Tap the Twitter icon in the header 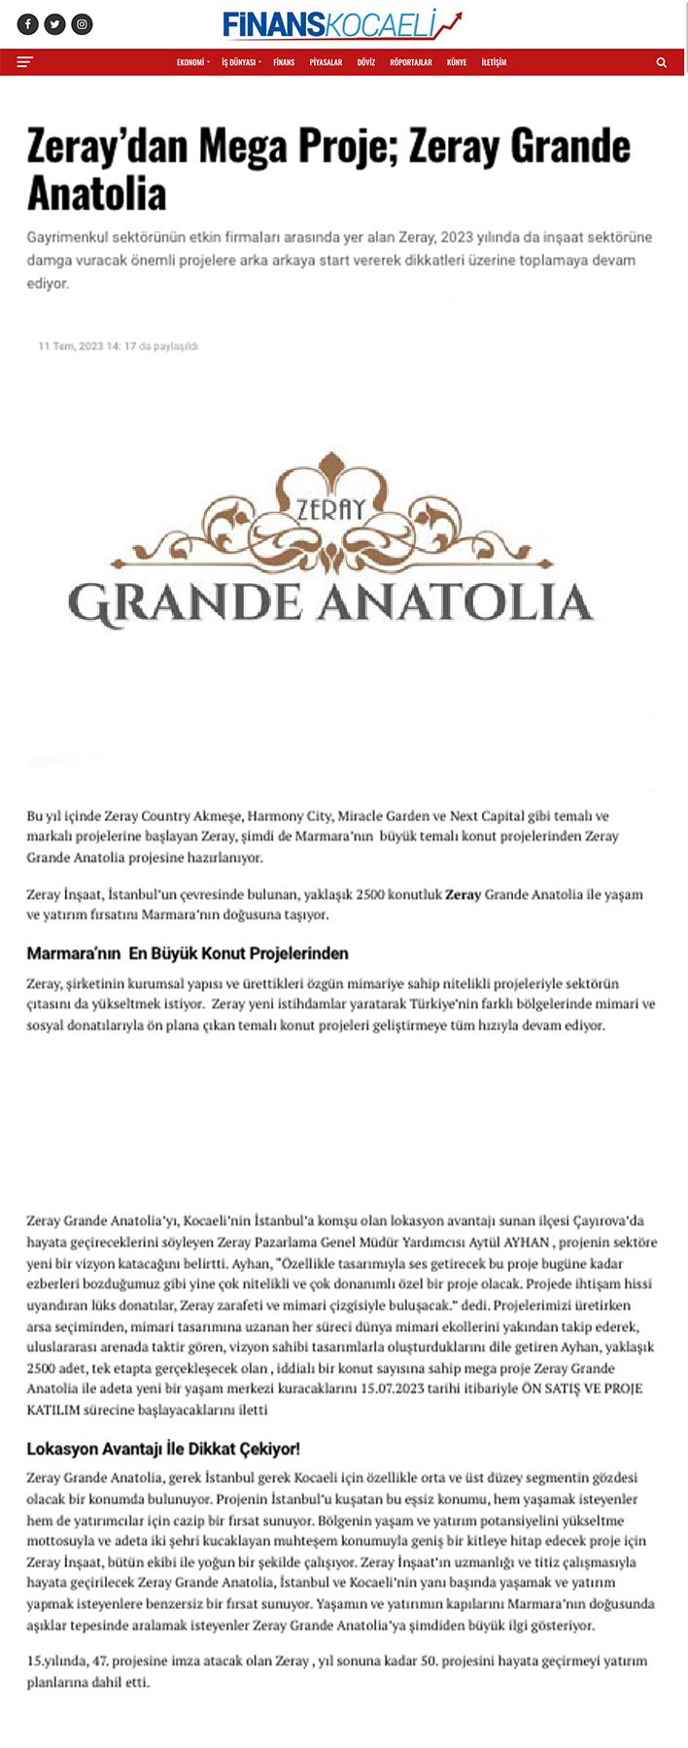[x=55, y=24]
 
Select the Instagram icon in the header [x=83, y=24]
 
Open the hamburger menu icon [x=25, y=62]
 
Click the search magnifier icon [x=662, y=62]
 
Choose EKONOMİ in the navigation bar [x=191, y=62]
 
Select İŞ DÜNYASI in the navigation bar [x=239, y=62]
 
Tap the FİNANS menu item [x=284, y=62]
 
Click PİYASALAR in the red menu [x=326, y=62]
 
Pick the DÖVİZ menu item [x=365, y=62]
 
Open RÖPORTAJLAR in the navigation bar [x=410, y=62]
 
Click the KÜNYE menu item [x=457, y=62]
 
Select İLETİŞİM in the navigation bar [x=494, y=62]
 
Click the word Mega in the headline [x=244, y=148]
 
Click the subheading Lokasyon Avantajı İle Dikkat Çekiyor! [x=163, y=1449]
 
